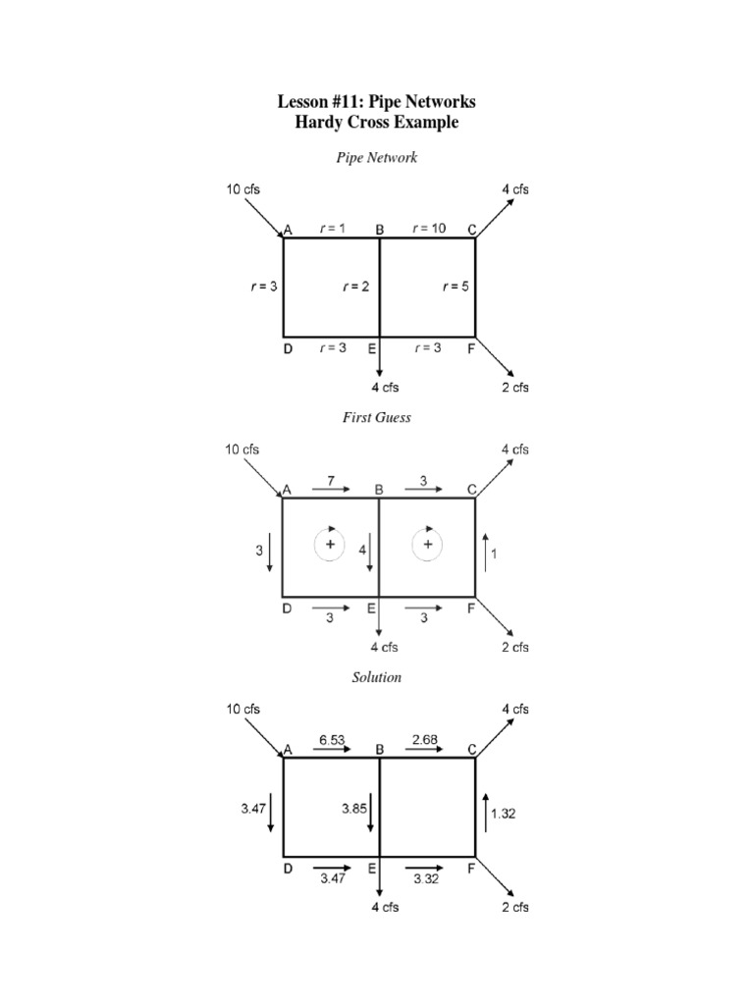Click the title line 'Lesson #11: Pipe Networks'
(377, 102)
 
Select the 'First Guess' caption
(377, 417)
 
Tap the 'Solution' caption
(377, 677)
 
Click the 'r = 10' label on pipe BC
(429, 228)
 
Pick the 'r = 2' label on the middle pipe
(355, 287)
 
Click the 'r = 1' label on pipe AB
(334, 228)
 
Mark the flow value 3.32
(426, 879)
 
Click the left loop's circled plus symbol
(330, 544)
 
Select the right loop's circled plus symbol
(427, 544)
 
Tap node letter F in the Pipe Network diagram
(471, 348)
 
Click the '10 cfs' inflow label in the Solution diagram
(244, 709)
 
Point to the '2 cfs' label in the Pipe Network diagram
(515, 387)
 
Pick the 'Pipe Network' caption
(377, 157)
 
